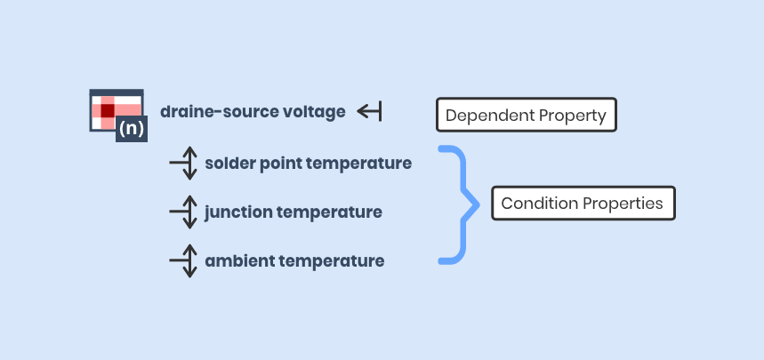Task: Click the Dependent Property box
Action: [526, 115]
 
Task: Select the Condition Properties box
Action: [582, 204]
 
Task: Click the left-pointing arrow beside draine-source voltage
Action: [369, 111]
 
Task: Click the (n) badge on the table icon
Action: [131, 127]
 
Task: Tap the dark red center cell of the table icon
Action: [107, 111]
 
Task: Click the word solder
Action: [228, 164]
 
